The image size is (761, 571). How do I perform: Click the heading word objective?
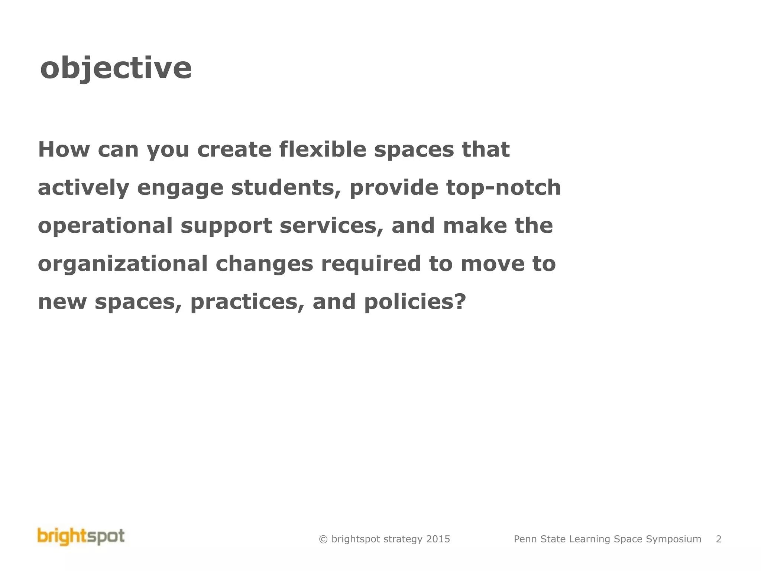coord(116,68)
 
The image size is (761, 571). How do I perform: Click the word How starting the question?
coord(64,149)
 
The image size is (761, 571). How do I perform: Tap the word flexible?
coord(322,149)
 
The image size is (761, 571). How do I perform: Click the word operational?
coord(105,226)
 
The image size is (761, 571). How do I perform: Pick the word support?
coord(226,226)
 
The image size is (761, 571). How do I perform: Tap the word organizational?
coord(123,264)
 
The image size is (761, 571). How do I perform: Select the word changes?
coord(264,264)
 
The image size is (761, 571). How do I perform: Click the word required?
coord(371,264)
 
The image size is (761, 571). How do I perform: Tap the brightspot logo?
coord(81,537)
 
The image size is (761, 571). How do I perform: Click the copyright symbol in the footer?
coord(323,539)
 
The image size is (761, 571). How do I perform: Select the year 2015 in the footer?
coord(438,539)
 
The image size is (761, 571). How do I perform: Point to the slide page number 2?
coord(719,539)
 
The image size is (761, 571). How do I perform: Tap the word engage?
coord(180,188)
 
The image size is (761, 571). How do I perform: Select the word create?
coord(234,149)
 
